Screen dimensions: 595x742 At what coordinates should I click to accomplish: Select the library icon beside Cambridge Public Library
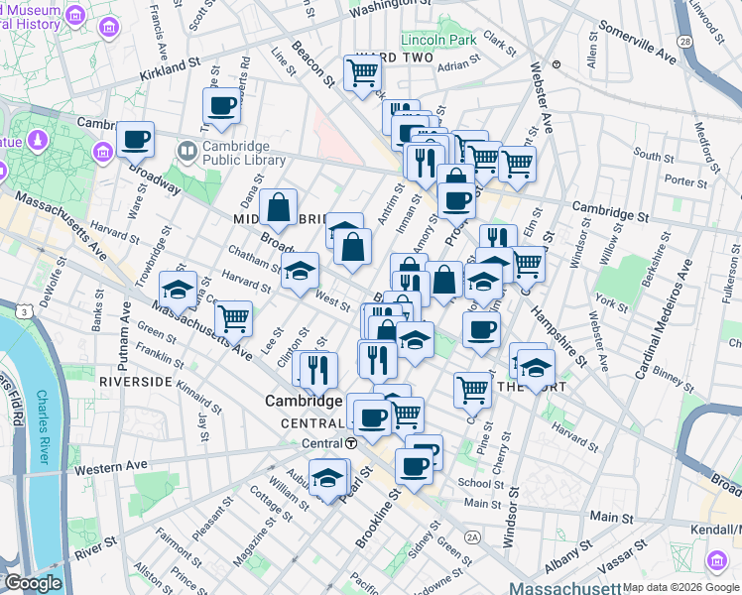pyautogui.click(x=186, y=152)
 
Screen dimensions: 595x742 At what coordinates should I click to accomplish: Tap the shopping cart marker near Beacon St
pyautogui.click(x=362, y=72)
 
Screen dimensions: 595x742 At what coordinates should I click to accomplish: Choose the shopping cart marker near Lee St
pyautogui.click(x=233, y=318)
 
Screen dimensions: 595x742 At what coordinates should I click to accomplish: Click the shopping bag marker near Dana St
pyautogui.click(x=279, y=208)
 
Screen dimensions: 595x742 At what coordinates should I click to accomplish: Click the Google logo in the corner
pyautogui.click(x=34, y=583)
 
